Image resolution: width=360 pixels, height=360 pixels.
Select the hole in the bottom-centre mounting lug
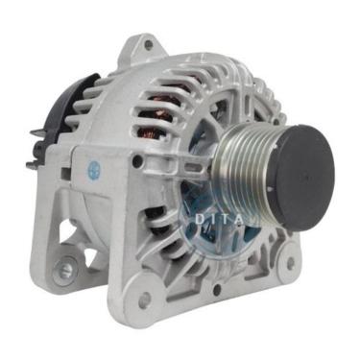(x=145, y=300)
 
